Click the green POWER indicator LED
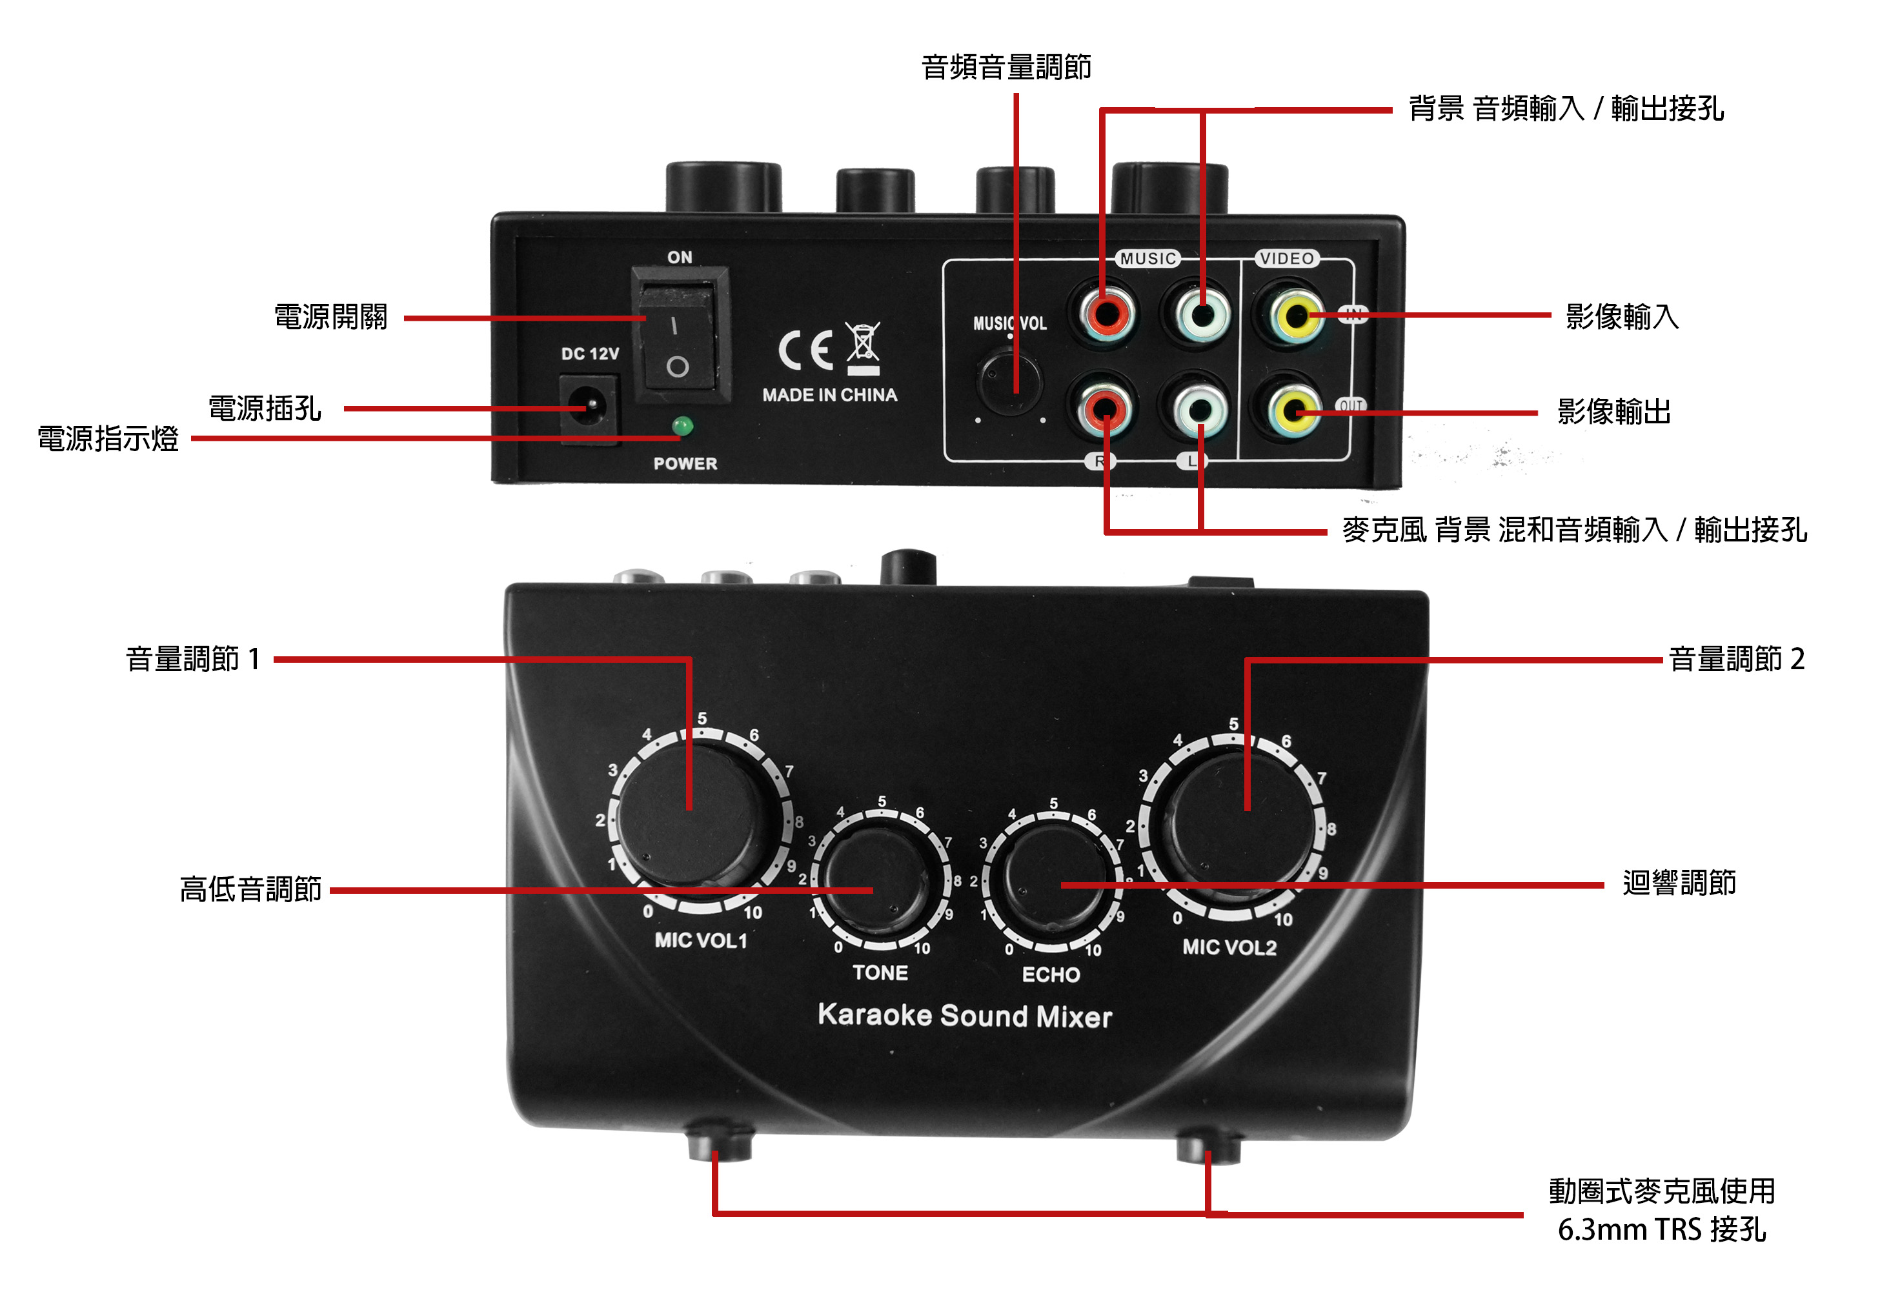point(682,426)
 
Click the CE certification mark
point(806,350)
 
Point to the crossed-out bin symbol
point(864,348)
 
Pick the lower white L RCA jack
point(1199,410)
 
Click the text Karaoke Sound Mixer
point(965,1016)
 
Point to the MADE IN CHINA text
point(830,395)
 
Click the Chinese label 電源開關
point(330,318)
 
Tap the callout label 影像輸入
point(1622,316)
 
